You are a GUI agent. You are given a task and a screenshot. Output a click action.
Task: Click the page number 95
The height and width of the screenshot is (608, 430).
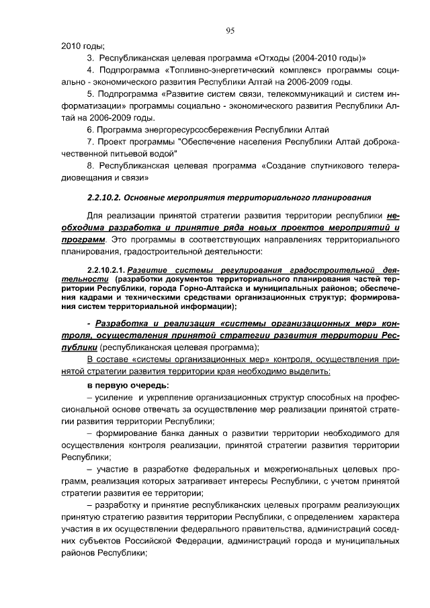(230, 30)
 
